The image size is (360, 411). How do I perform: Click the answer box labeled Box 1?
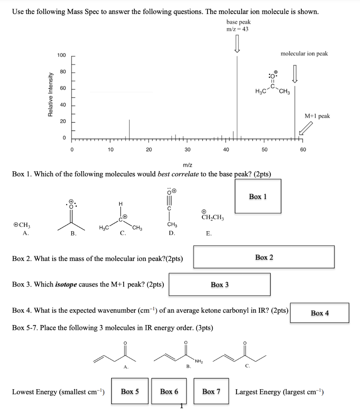(x=258, y=196)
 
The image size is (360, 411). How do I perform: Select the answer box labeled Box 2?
(x=264, y=257)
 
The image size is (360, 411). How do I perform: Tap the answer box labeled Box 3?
(x=220, y=284)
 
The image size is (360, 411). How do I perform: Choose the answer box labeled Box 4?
(x=319, y=313)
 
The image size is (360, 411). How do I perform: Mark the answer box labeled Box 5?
(x=130, y=391)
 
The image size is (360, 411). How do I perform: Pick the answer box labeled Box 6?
(x=169, y=391)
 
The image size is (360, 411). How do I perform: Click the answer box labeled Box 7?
(x=211, y=391)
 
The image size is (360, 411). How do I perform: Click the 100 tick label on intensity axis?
(x=61, y=55)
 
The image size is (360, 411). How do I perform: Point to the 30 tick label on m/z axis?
(x=187, y=150)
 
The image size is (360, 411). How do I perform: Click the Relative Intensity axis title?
(x=50, y=95)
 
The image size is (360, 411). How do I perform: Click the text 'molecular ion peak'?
(x=304, y=54)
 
